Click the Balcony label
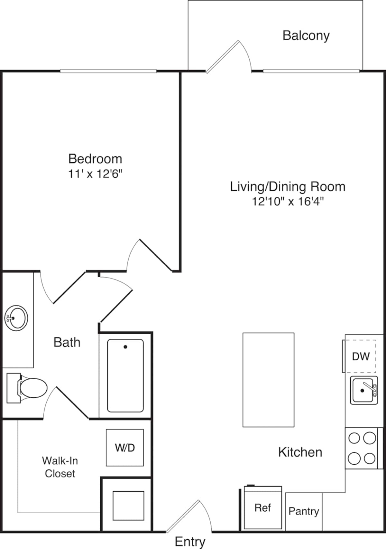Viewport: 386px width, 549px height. (306, 36)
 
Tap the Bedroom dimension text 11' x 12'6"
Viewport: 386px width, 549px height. (95, 174)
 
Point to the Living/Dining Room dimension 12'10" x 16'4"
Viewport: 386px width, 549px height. (288, 202)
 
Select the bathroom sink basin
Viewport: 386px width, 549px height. (16, 318)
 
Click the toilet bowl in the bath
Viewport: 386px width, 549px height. (33, 388)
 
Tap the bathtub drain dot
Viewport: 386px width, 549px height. (125, 347)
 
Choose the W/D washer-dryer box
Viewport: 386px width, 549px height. (125, 448)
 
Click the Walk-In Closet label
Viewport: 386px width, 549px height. (60, 467)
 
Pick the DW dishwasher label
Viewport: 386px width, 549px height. (361, 356)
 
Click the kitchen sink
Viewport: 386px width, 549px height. (364, 391)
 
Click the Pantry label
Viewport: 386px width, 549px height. (304, 512)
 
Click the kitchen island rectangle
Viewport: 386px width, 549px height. (269, 380)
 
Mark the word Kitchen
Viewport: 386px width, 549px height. (300, 452)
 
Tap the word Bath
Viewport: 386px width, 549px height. (67, 342)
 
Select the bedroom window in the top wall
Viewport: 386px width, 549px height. (108, 71)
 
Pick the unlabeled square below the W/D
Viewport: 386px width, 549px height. (128, 506)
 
